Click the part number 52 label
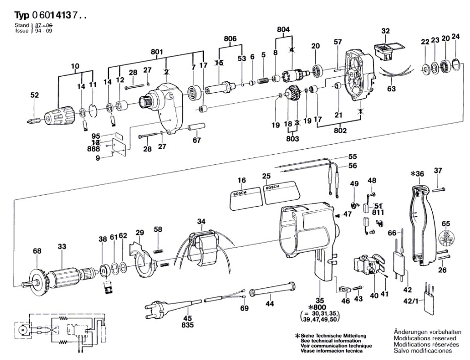[x=34, y=95]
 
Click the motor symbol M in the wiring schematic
[x=22, y=329]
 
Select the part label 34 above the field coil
[x=202, y=221]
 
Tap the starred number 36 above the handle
[x=418, y=174]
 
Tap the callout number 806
[x=230, y=39]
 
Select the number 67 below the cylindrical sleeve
[x=197, y=140]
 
